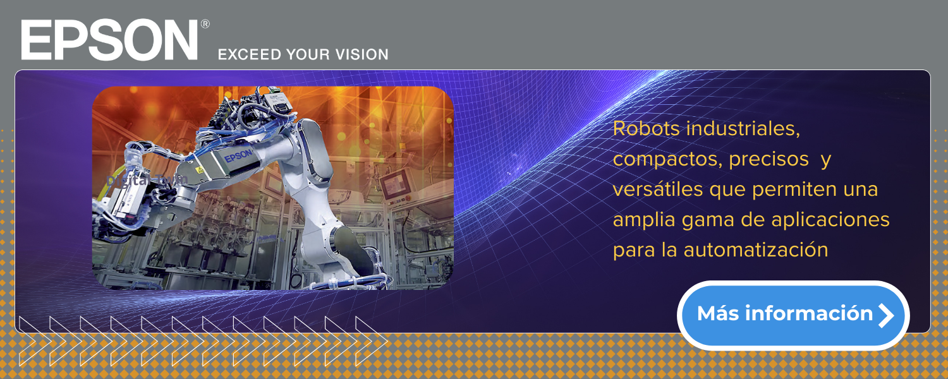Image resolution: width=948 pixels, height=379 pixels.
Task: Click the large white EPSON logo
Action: click(109, 39)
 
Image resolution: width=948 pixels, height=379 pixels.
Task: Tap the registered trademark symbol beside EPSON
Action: click(205, 24)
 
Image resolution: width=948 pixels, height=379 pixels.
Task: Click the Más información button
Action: click(793, 315)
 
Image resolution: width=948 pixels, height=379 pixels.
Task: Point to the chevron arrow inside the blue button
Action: click(886, 316)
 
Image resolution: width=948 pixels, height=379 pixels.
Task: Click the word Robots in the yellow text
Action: click(647, 129)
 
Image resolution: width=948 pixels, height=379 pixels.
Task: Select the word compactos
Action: click(667, 159)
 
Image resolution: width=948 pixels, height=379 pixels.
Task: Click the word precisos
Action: click(769, 159)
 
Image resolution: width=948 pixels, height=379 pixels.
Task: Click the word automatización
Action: click(756, 250)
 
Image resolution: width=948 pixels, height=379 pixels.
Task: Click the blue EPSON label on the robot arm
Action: click(238, 155)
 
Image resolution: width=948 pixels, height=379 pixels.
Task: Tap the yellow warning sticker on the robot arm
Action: click(200, 170)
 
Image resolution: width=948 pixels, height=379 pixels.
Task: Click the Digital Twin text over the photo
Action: click(147, 180)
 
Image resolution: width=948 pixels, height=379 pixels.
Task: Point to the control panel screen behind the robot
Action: click(395, 185)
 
